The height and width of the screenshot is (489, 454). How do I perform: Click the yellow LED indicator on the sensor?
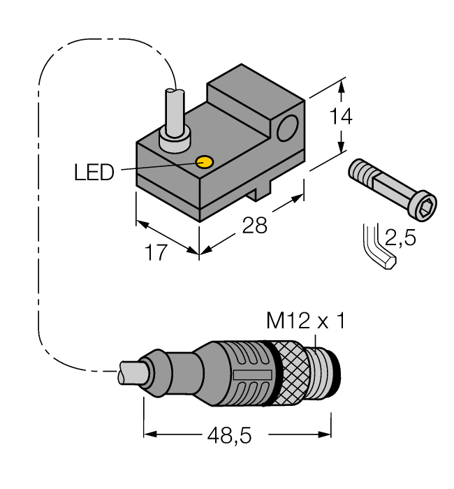click(x=205, y=162)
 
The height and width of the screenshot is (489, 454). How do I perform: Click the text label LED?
click(x=94, y=172)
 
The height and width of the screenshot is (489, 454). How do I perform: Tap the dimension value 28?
click(x=254, y=226)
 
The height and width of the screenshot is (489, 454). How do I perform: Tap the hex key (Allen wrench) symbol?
click(x=377, y=250)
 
